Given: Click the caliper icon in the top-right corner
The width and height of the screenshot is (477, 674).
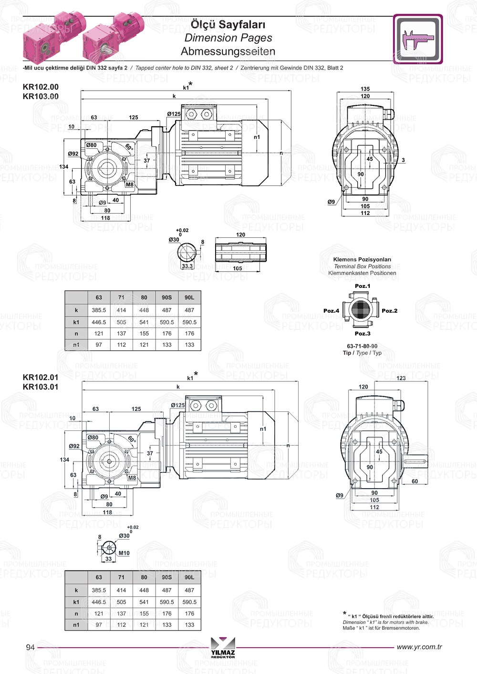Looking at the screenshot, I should pyautogui.click(x=418, y=39).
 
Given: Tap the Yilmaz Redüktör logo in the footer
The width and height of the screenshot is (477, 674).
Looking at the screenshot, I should pyautogui.click(x=223, y=647).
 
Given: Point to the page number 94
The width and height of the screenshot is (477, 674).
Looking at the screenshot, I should pyautogui.click(x=30, y=647).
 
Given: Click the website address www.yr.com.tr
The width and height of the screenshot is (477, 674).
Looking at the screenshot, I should pyautogui.click(x=419, y=647).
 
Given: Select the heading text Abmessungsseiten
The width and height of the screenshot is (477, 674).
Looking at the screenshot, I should pyautogui.click(x=228, y=51).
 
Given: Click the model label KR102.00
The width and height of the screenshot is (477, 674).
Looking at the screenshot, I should pyautogui.click(x=41, y=87).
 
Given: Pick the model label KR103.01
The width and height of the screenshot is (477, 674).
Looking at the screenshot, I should pyautogui.click(x=41, y=387).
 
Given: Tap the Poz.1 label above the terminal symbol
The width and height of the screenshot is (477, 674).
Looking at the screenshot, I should pyautogui.click(x=362, y=286).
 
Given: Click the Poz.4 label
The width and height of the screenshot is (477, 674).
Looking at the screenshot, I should pyautogui.click(x=331, y=311).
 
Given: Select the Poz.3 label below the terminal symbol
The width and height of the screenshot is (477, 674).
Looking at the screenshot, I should pyautogui.click(x=362, y=334).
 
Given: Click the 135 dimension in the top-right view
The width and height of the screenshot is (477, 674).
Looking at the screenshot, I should pyautogui.click(x=365, y=89).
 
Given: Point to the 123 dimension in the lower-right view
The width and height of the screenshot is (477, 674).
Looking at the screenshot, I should pyautogui.click(x=401, y=378).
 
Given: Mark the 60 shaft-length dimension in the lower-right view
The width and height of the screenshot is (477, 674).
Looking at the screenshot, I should pyautogui.click(x=415, y=481).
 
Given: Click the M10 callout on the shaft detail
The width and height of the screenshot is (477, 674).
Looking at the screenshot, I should pyautogui.click(x=124, y=553).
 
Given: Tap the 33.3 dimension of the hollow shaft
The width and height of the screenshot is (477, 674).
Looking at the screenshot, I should pyautogui.click(x=187, y=266).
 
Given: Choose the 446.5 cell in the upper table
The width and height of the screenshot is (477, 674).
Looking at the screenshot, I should pyautogui.click(x=99, y=322).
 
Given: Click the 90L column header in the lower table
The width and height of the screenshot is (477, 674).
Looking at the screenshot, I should pyautogui.click(x=189, y=577).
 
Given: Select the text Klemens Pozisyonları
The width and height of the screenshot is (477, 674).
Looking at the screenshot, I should pyautogui.click(x=362, y=260).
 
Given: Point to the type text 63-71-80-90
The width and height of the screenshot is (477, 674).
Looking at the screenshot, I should pyautogui.click(x=362, y=346).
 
